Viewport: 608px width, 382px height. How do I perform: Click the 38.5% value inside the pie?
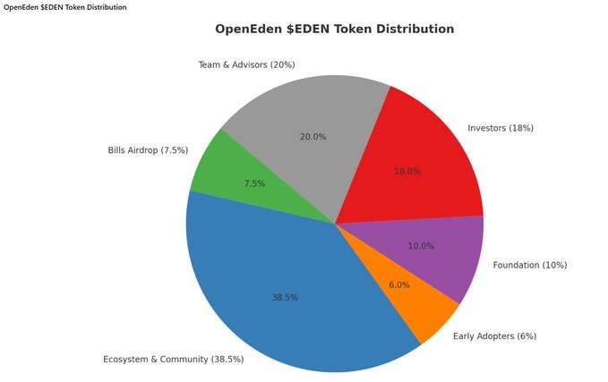pos(285,297)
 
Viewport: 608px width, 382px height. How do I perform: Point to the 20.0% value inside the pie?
pos(313,137)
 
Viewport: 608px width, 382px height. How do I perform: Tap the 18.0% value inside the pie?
pos(407,171)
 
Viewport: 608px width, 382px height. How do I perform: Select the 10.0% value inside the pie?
pos(421,246)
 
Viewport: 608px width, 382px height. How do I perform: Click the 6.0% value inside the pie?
pos(398,285)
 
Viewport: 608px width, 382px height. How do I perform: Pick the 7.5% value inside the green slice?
pos(253,183)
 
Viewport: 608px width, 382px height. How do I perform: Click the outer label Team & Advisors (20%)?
pos(246,64)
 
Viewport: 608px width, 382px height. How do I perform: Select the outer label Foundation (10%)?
pos(529,265)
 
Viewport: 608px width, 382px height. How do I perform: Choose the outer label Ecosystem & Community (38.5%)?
pos(173,360)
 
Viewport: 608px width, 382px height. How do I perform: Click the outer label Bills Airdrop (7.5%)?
pos(148,150)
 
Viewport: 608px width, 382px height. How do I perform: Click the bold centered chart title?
pos(334,29)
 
